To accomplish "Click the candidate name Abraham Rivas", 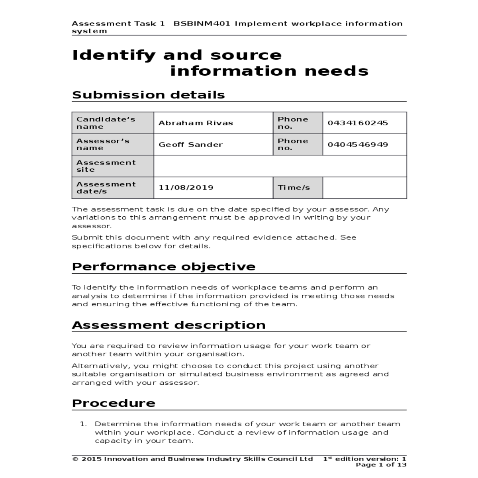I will tap(196, 123).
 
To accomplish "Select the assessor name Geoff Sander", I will tap(190, 145).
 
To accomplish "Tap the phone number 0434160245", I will tap(358, 123).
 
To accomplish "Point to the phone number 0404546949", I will tap(358, 145).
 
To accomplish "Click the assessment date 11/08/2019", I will tap(186, 188).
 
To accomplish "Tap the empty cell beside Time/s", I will tap(364, 188).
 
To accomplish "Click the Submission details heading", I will tap(148, 95).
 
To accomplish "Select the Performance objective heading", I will tap(163, 266).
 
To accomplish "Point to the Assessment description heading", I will tap(168, 325).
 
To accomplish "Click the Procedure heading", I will tap(114, 403).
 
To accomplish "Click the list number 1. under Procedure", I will tap(84, 424).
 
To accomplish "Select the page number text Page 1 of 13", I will tap(381, 465).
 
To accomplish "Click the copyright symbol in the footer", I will tap(75, 459).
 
